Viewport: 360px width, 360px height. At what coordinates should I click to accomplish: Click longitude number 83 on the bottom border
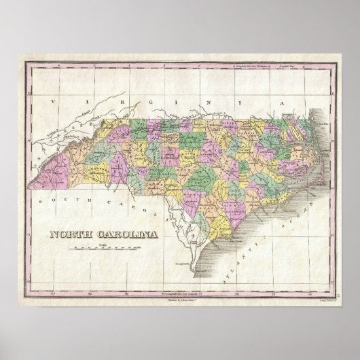click(x=75, y=274)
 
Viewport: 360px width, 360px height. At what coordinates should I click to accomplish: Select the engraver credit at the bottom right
click(x=317, y=281)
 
